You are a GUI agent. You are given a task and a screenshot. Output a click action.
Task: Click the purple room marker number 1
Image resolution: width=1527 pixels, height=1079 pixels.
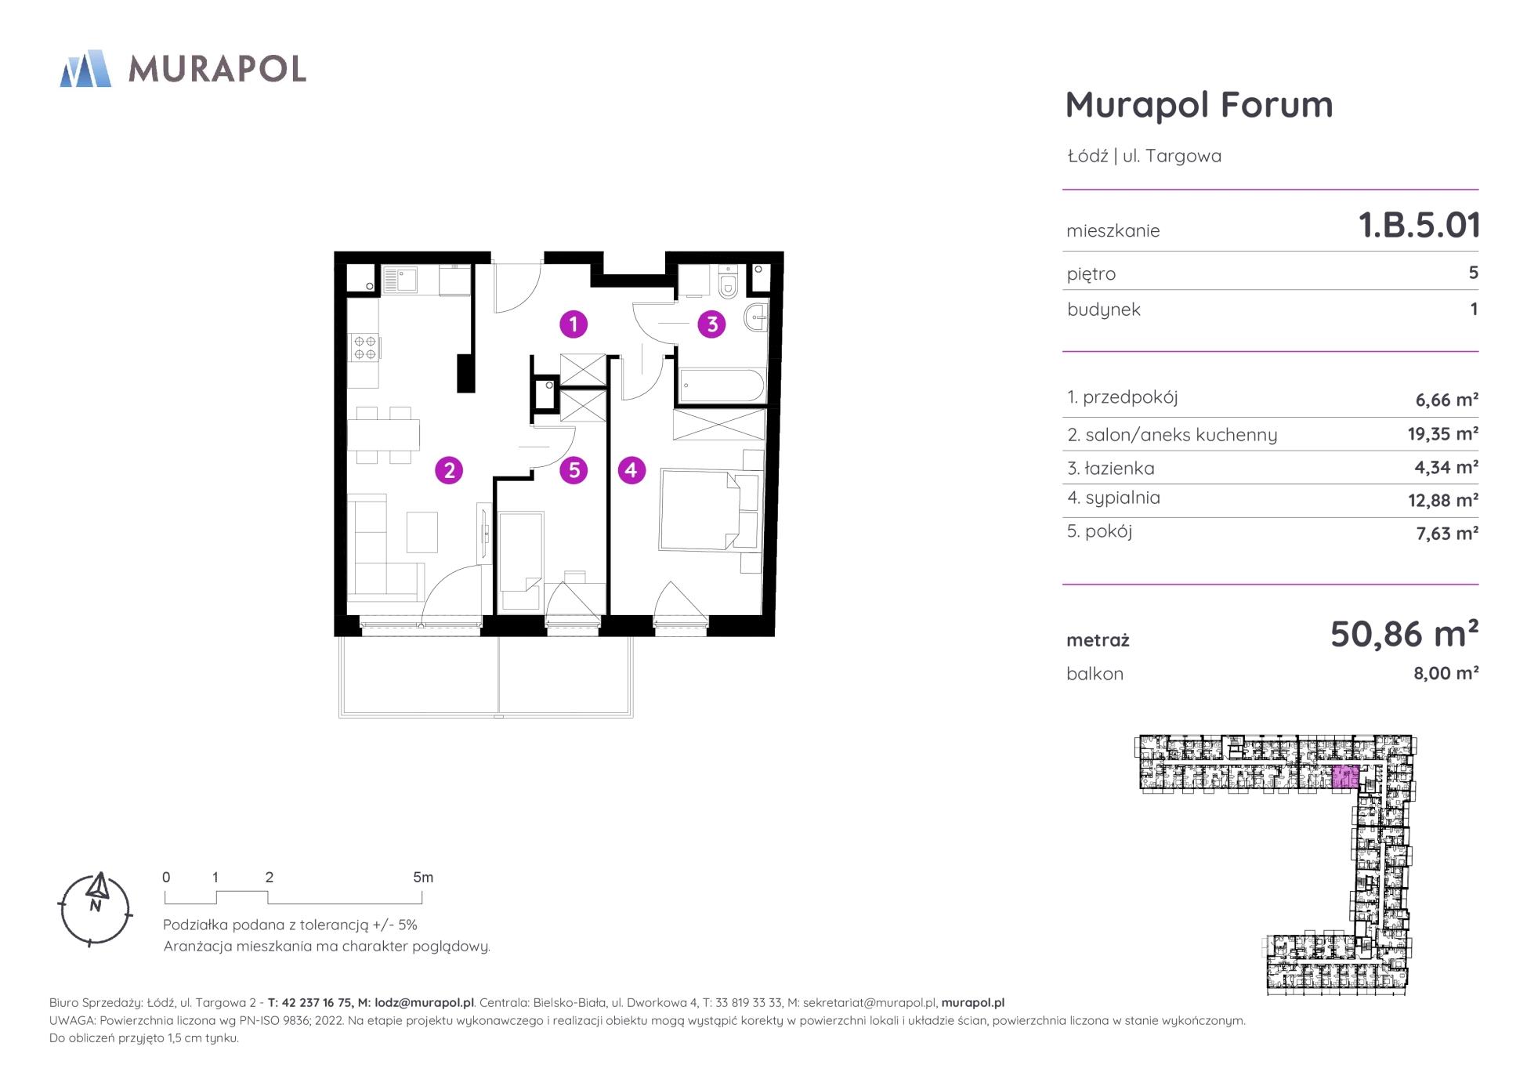click(574, 324)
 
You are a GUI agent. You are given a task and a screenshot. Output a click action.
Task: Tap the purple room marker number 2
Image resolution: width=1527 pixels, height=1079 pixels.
click(449, 470)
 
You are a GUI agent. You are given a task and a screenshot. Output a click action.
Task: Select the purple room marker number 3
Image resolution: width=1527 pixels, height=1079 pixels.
click(712, 324)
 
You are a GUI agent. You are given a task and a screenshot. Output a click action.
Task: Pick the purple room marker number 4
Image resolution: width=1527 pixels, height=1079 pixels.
click(631, 470)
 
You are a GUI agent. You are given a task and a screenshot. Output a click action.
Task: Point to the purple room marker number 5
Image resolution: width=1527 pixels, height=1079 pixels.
click(574, 470)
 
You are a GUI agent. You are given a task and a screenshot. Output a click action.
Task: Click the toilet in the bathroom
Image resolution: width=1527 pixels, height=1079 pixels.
click(728, 283)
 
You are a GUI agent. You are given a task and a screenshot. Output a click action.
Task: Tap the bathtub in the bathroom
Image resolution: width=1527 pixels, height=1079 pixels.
click(722, 386)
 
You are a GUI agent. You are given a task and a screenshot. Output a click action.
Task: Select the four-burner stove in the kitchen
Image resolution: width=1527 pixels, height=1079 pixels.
click(364, 347)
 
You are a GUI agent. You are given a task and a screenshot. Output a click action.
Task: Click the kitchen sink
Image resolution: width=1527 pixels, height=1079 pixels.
click(400, 280)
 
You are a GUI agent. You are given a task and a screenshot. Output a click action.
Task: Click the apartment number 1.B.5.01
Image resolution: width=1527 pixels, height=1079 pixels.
click(1419, 225)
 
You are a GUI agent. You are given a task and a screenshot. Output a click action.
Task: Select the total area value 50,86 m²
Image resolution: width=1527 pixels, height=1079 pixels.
click(1404, 633)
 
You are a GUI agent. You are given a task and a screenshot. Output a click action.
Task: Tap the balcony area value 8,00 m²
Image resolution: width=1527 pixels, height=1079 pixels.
click(1446, 673)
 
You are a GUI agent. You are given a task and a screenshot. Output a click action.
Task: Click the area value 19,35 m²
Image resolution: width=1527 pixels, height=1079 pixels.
click(1442, 433)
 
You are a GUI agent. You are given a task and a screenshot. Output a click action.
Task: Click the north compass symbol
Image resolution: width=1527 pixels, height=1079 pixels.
click(96, 909)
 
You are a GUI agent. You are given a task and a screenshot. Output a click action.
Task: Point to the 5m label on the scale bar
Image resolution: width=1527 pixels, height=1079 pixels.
click(423, 878)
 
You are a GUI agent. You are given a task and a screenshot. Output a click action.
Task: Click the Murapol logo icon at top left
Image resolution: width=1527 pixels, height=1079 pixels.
click(85, 68)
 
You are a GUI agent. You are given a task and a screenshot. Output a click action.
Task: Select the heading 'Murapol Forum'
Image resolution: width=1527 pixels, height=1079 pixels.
click(1199, 105)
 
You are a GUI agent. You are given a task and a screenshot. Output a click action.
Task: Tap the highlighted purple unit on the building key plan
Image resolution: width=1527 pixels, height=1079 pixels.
click(1344, 777)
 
